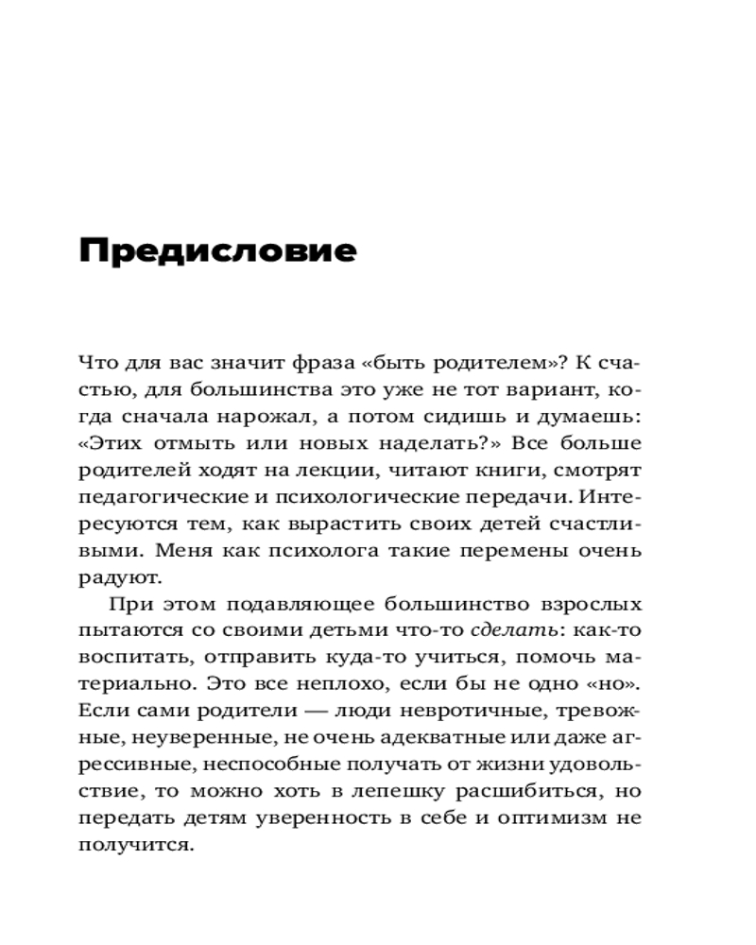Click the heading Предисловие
(217, 251)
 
